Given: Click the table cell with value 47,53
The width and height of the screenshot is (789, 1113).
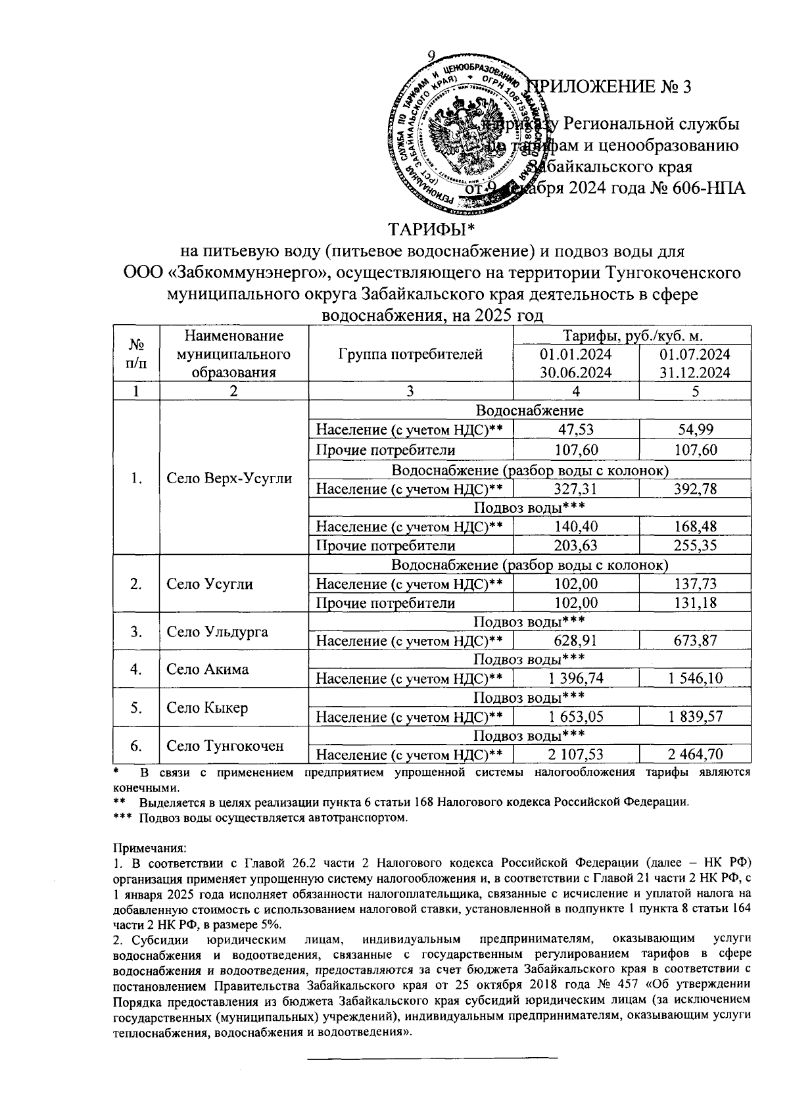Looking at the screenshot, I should [x=575, y=430].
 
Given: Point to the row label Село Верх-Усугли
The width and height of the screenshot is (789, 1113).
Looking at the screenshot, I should [x=229, y=479].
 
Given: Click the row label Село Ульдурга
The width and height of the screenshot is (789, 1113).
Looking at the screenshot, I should [x=217, y=632].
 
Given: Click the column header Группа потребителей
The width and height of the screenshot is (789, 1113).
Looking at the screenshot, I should [x=410, y=354].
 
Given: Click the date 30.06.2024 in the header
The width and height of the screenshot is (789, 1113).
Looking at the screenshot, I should [x=575, y=372].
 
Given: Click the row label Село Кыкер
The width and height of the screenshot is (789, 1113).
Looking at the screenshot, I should [x=207, y=708].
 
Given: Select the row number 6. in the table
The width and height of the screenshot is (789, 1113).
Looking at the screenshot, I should [x=136, y=746].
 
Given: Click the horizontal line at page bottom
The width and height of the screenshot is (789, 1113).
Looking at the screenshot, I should [x=433, y=1058].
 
